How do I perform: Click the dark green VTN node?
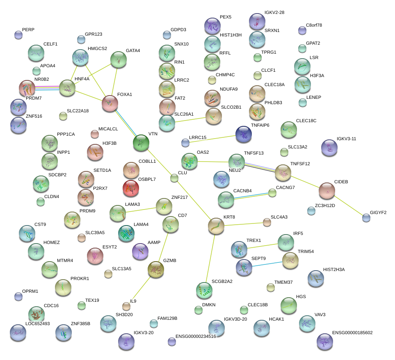coord(141,143)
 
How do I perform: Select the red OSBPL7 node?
coord(131,188)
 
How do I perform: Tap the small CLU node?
coord(174,178)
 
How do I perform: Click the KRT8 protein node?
coord(216,226)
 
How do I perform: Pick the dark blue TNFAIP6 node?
coord(244,134)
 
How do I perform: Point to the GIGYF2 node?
coord(366,218)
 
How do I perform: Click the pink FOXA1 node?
coord(110,103)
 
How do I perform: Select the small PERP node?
coord(18,35)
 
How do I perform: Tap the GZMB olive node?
coord(156,269)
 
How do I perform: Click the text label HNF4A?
coord(82,79)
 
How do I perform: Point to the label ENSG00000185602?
coord(352,333)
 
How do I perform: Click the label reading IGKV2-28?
coord(274,13)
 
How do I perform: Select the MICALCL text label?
coord(108,129)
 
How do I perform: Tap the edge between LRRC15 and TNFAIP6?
coord(212,139)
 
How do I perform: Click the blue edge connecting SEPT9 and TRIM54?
coord(267,264)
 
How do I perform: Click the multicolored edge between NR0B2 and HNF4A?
coord(47,88)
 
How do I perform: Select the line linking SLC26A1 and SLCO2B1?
coord(190,120)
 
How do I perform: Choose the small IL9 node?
coord(126,306)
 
